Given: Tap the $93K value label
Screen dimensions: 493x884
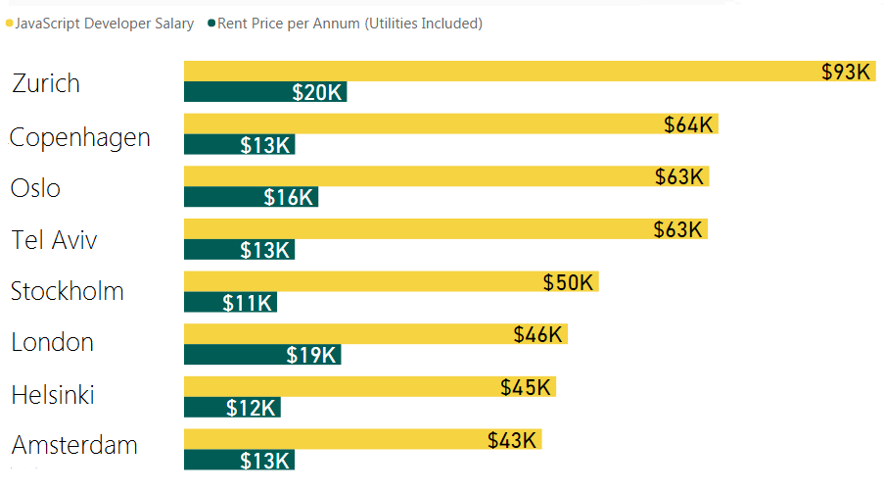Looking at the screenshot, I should point(846,72).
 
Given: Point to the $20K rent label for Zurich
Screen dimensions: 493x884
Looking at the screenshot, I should point(317,92).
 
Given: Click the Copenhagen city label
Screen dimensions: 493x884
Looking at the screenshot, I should point(80,137).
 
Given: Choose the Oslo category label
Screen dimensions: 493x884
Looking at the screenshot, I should point(36,188).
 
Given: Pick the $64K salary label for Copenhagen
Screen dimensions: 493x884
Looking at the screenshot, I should point(688,124).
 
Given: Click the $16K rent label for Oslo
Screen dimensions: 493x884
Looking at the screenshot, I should point(289,197).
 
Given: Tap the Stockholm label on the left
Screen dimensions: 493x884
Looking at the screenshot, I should point(68,291).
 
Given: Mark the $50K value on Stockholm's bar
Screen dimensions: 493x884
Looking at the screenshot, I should point(569,282).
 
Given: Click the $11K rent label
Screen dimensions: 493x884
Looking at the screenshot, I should point(247,303).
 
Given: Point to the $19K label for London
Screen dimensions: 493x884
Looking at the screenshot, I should point(311,355).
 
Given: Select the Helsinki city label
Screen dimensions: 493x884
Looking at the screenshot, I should point(53,396).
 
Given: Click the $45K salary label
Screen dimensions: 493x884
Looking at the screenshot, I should point(526,387).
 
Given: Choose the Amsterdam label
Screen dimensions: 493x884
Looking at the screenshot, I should point(74,446).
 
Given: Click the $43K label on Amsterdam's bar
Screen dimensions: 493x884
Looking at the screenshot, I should point(513,440).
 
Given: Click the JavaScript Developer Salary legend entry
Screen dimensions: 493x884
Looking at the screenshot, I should point(104,24).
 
